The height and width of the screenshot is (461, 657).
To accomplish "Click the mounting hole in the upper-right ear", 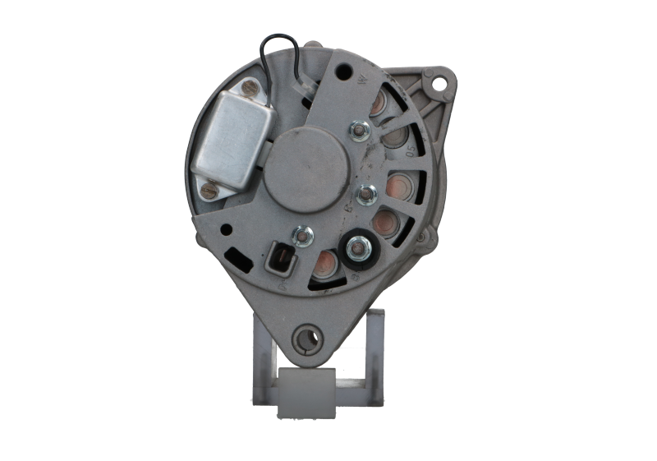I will coord(442,82).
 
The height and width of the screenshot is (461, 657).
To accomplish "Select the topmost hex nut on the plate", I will coord(357,129).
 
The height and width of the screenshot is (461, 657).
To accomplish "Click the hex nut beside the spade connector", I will coord(304,237).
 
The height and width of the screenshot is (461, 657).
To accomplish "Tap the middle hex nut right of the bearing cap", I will coord(365,194).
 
